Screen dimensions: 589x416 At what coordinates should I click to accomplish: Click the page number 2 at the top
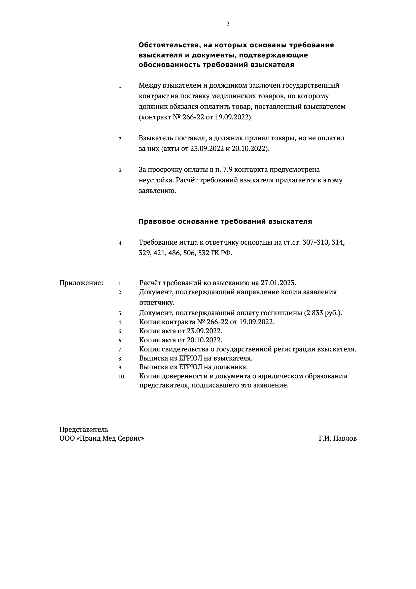click(228, 24)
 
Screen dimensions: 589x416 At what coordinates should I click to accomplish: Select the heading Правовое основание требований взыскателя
click(225, 221)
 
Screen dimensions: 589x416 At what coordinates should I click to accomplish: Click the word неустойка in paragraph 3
click(156, 180)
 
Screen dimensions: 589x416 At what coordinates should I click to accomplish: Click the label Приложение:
click(81, 283)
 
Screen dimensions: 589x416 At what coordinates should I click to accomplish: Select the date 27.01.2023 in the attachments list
click(278, 283)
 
